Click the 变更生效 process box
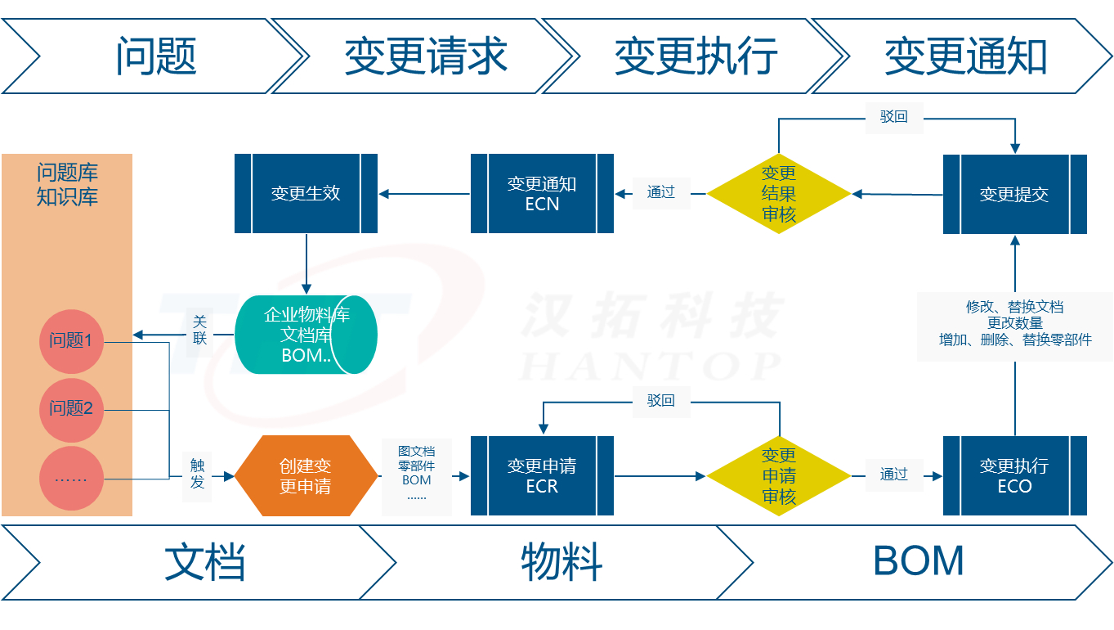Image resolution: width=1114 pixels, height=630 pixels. (306, 194)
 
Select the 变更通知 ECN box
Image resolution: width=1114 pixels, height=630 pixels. (542, 194)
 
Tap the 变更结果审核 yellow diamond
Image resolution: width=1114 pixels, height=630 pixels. (778, 194)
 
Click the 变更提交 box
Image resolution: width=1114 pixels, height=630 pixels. (1014, 195)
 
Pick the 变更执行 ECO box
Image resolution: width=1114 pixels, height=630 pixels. (1014, 475)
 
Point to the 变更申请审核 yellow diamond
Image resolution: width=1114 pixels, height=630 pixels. (778, 475)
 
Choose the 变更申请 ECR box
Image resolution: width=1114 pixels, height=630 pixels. (542, 475)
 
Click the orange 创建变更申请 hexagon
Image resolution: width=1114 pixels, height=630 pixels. (305, 475)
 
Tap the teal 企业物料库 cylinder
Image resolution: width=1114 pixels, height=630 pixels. (306, 335)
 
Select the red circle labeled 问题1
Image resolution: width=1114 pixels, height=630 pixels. (71, 341)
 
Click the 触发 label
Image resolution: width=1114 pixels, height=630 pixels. (198, 474)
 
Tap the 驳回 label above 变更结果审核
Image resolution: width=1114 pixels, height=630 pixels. (893, 117)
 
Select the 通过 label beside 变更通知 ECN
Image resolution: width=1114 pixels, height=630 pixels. (661, 192)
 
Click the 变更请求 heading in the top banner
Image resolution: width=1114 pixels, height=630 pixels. (426, 56)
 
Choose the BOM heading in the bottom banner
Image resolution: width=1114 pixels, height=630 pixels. (918, 562)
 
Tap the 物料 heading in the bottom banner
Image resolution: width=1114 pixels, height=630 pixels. (561, 562)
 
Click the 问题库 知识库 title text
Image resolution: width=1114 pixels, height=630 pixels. (67, 185)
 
